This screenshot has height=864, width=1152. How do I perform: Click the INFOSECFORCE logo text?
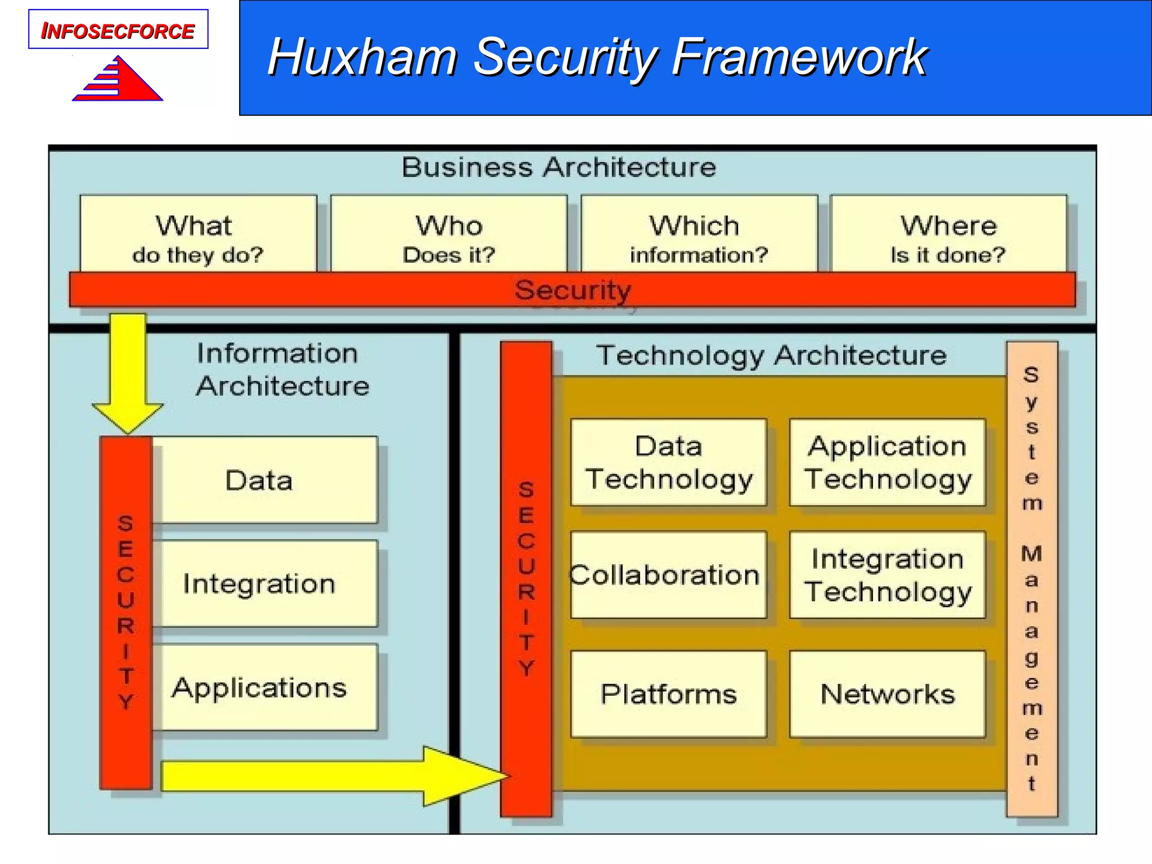pos(118,30)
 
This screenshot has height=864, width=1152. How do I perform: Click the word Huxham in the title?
pos(362,57)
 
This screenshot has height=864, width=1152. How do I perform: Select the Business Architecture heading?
pos(559,168)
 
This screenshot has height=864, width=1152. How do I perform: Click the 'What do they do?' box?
pos(198,236)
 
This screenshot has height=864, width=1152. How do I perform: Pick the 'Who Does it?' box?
pos(448,236)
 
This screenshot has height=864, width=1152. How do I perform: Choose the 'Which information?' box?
pos(698,236)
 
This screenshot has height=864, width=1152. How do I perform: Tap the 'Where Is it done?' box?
pos(948,236)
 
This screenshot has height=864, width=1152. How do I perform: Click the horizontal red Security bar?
pos(572,290)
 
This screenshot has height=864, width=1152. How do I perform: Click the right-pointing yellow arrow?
pos(332,776)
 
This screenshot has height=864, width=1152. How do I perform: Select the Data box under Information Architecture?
pos(264,480)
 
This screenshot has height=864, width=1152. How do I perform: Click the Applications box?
pos(264,688)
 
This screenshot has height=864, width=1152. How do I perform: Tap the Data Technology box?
pos(668,462)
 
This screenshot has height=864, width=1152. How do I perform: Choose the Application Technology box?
pos(887,462)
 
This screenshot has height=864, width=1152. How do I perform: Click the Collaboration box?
pos(668,575)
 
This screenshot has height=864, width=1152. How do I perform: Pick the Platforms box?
pos(668,694)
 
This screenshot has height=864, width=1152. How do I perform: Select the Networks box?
pos(887,694)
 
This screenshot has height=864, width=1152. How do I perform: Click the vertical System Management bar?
pos(1032,579)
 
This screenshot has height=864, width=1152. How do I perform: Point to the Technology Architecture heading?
pos(771,355)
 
